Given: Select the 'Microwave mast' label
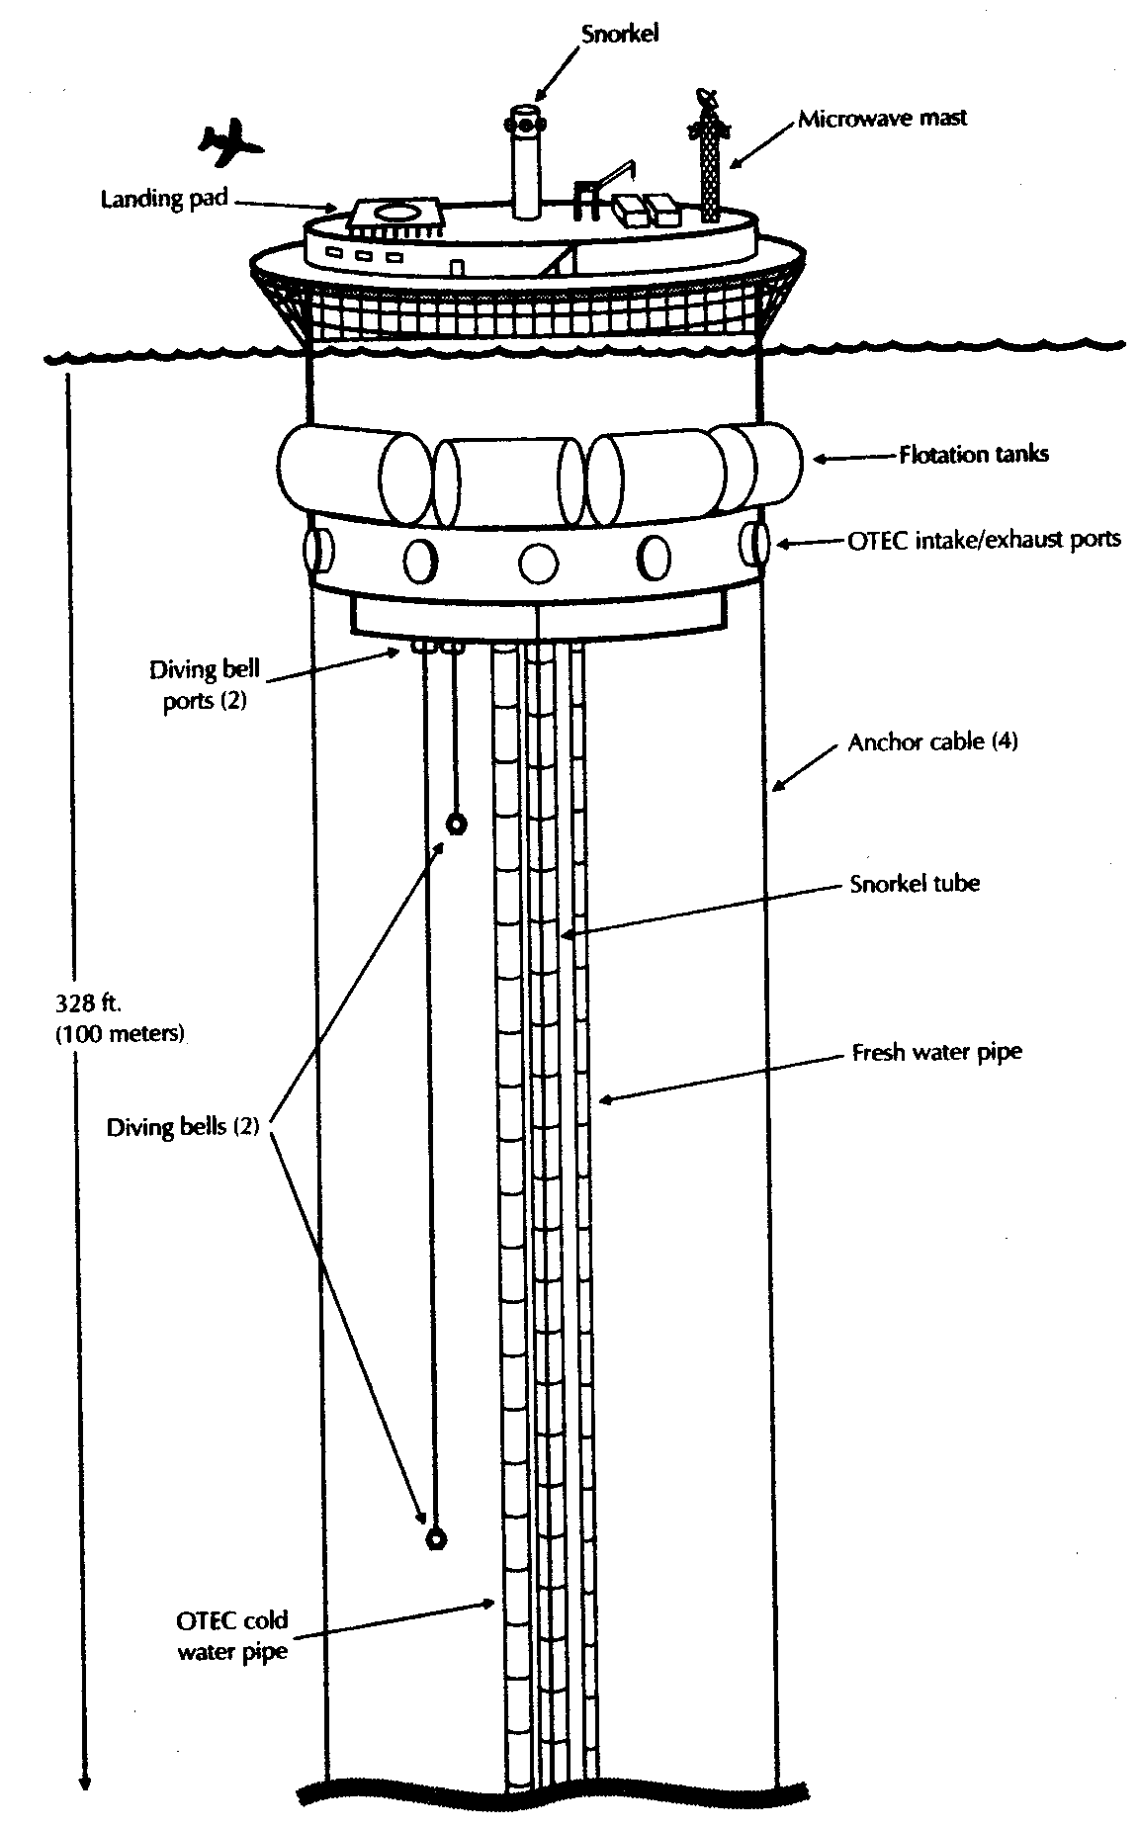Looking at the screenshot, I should [882, 119].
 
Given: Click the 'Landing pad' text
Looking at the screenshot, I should [164, 199].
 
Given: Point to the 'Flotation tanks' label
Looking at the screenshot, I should [973, 455].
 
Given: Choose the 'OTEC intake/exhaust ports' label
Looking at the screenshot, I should [985, 540].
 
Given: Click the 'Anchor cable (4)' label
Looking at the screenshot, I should [932, 741].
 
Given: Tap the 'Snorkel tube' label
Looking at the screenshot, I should [915, 883].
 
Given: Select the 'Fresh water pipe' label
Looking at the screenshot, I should [936, 1052].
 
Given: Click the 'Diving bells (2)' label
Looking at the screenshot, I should [182, 1126].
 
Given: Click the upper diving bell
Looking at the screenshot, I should [456, 825].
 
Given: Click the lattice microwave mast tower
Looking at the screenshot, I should [710, 163].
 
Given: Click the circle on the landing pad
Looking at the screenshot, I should [394, 211].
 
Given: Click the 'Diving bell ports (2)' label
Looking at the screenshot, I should [205, 685].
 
